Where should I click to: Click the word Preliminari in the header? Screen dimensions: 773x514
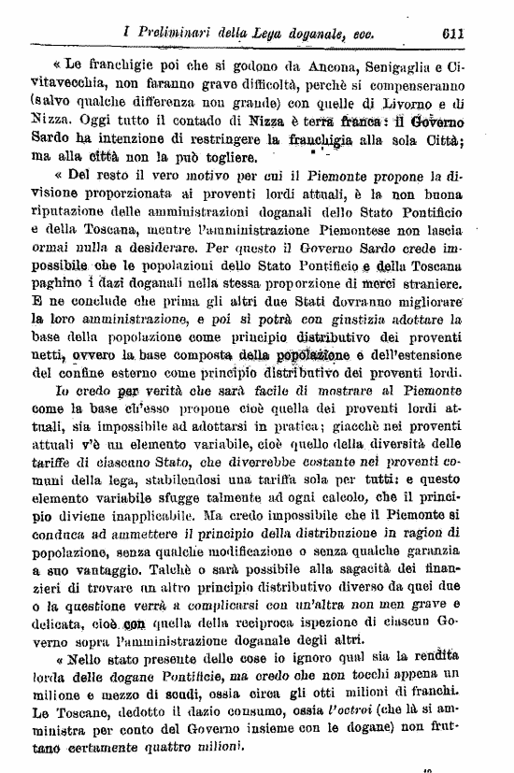tap(175, 32)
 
